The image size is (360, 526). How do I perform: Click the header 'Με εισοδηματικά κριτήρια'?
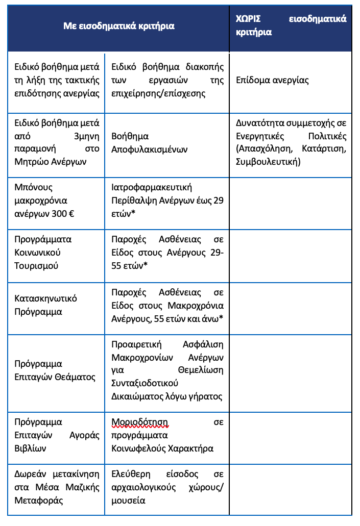pyautogui.click(x=118, y=26)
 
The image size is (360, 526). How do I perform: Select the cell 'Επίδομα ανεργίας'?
pyautogui.click(x=272, y=81)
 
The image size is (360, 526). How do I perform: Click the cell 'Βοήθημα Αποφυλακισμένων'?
pyautogui.click(x=150, y=143)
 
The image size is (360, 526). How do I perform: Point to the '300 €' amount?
pyautogui.click(x=64, y=213)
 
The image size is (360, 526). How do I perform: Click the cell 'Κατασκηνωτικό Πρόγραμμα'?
pyautogui.click(x=45, y=305)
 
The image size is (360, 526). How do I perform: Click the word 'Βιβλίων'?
pyautogui.click(x=30, y=449)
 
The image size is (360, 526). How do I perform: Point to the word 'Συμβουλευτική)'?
pyautogui.click(x=268, y=162)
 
